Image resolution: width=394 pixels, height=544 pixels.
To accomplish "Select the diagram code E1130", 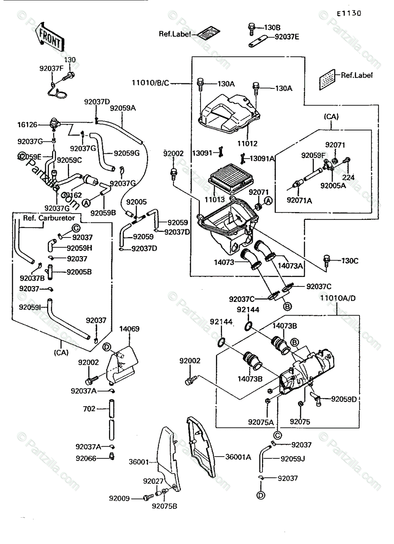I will [349, 13].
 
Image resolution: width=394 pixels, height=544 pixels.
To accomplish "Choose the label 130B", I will [273, 28].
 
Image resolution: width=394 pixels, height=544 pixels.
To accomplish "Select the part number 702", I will [90, 408].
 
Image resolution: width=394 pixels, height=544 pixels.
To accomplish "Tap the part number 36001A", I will [238, 457].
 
